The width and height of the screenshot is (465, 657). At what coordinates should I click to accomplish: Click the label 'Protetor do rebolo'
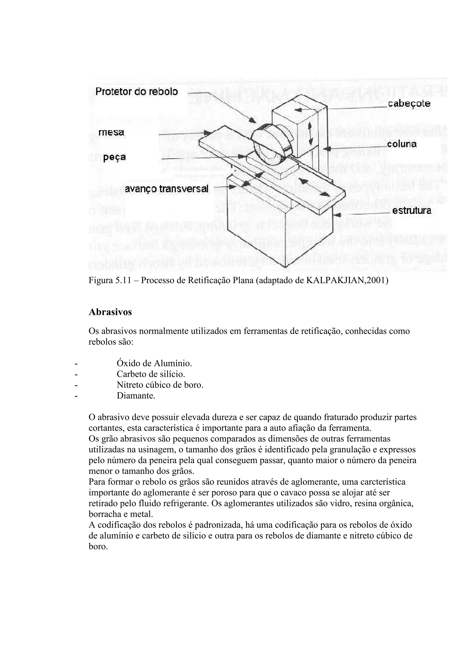coord(136,92)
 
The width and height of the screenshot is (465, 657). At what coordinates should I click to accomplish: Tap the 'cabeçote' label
coord(409,104)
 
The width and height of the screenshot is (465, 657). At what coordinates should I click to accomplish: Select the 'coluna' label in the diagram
coord(402,144)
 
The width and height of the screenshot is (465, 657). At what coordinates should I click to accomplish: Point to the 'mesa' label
coord(111,132)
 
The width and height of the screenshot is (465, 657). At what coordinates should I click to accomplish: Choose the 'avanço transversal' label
coord(166,189)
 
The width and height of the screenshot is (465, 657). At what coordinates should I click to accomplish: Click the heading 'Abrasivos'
coord(110,312)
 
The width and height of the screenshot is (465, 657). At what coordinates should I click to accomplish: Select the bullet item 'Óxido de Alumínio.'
coord(154,363)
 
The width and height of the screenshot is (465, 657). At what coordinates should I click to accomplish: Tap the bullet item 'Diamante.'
coord(136,396)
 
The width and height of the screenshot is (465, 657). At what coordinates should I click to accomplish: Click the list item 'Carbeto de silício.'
coord(151,374)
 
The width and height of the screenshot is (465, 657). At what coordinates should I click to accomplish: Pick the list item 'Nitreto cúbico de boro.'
coord(160,385)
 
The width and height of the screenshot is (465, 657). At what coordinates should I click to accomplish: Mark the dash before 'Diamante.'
coord(76,396)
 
